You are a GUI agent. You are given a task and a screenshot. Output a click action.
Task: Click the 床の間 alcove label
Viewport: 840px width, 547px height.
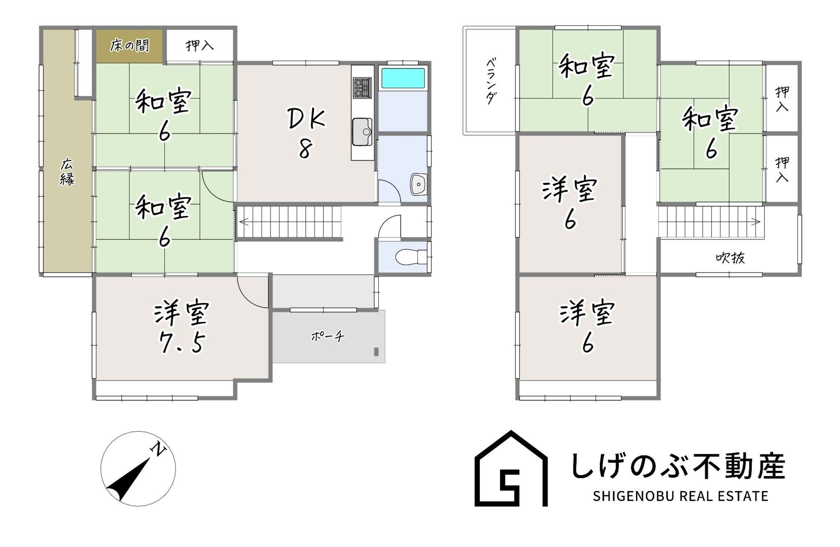click(x=129, y=46)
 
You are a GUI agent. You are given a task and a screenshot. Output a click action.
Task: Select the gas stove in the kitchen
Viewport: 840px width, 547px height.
click(x=362, y=87)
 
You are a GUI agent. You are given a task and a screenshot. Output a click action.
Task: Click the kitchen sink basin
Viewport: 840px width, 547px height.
click(x=362, y=132)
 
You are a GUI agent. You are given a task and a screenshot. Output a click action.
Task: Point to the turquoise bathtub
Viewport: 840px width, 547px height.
click(x=403, y=78)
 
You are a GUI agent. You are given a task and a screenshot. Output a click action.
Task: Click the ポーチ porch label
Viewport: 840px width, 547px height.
click(x=327, y=337)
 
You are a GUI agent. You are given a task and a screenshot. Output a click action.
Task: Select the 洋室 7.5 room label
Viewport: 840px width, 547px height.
click(x=182, y=327)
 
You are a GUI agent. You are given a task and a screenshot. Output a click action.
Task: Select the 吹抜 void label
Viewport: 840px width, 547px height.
click(x=730, y=258)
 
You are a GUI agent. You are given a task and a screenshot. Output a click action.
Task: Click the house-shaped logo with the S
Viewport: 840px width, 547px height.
click(x=511, y=468)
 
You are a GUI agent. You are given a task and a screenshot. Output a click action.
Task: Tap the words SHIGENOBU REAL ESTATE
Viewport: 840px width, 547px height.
click(x=680, y=496)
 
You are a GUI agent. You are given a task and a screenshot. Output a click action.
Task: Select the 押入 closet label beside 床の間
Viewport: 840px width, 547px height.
click(x=200, y=45)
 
